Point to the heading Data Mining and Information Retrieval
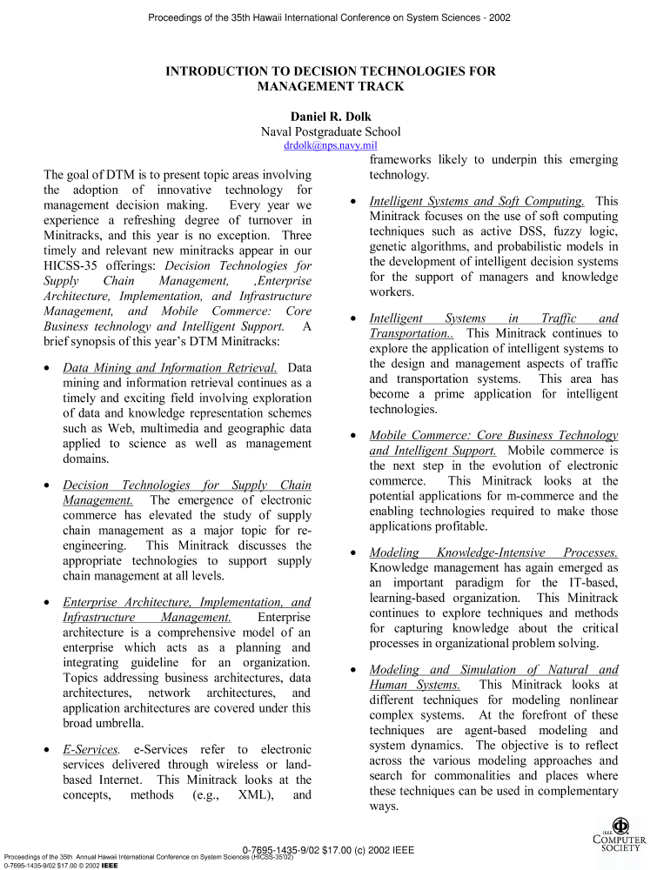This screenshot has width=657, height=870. coord(171,369)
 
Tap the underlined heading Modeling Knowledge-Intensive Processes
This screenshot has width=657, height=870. coord(493,552)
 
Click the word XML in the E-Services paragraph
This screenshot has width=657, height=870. coord(252,794)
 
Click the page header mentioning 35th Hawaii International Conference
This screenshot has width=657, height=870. coord(329,17)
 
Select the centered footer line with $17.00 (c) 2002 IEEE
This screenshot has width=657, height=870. coord(329,849)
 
